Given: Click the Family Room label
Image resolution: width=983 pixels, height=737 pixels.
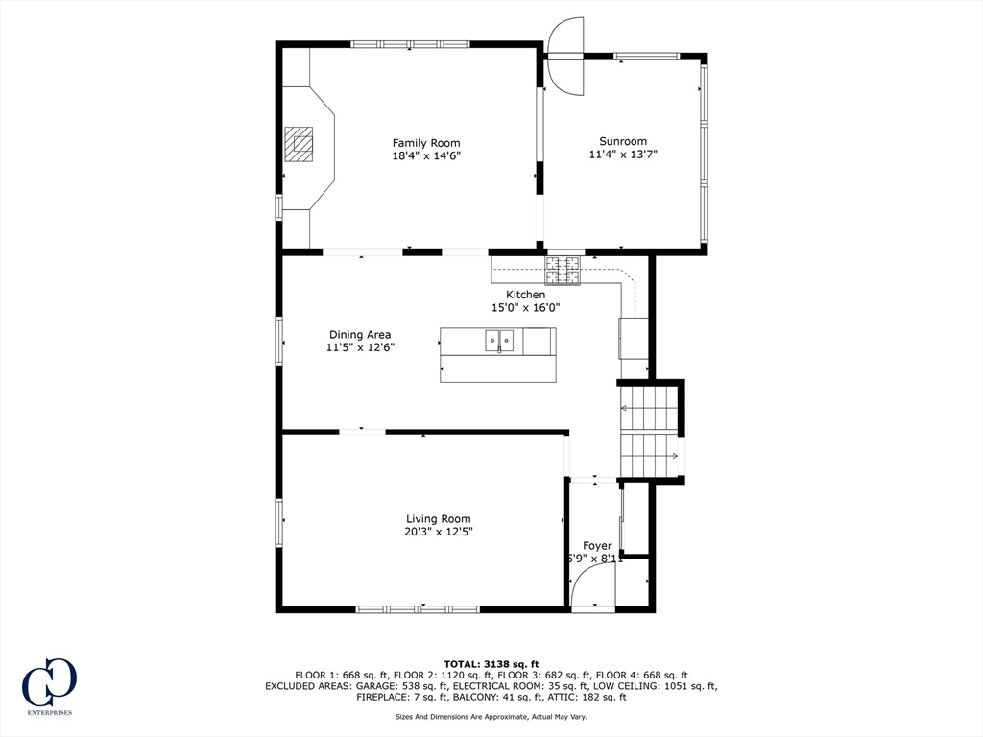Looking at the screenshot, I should click(x=426, y=143).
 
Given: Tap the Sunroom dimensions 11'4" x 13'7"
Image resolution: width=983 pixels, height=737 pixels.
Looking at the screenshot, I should click(x=623, y=154).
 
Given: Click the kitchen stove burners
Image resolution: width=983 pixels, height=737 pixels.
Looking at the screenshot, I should click(x=563, y=270).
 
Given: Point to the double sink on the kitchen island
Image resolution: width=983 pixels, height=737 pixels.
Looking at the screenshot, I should click(x=499, y=340).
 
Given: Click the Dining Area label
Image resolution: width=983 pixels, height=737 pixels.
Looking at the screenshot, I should click(x=360, y=335).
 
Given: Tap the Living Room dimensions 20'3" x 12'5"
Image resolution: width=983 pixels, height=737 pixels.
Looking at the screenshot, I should click(x=439, y=531).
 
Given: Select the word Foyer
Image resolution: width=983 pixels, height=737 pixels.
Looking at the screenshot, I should click(x=597, y=546).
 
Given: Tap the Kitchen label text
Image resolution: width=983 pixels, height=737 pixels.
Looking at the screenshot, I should click(x=525, y=295).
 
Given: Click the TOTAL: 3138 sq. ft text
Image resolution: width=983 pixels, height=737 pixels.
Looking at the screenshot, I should click(x=491, y=664).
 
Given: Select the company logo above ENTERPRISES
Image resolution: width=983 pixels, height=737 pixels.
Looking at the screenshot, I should click(x=49, y=682).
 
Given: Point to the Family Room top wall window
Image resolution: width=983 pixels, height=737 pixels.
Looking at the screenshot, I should click(x=410, y=44).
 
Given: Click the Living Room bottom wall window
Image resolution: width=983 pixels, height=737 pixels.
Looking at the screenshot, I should click(x=418, y=608).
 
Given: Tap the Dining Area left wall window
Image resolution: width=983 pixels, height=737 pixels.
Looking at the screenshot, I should click(x=279, y=341).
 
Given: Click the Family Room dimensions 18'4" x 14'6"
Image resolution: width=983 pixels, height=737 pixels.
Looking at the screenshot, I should click(x=426, y=155).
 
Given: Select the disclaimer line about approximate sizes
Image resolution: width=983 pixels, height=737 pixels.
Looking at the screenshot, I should click(x=491, y=716).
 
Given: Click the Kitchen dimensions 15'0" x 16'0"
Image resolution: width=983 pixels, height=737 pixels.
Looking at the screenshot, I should click(x=525, y=308).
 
